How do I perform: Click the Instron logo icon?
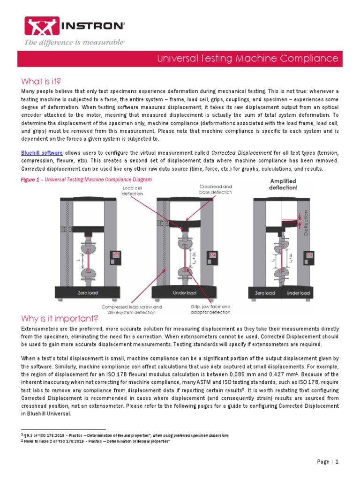point(36,26)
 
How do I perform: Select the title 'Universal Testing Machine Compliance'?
point(247,59)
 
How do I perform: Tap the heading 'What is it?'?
point(41,81)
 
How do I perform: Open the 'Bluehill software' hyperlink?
point(42,153)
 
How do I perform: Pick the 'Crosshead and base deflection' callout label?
point(215,189)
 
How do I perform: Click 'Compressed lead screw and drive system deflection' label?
point(131,309)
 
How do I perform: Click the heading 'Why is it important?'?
point(60,319)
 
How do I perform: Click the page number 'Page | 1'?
point(328,462)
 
